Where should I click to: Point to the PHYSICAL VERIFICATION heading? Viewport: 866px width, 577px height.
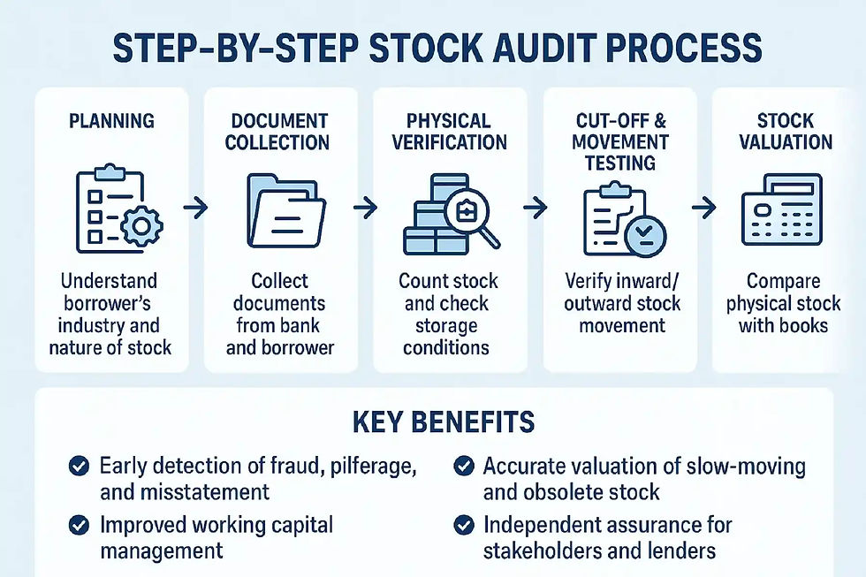[450, 131]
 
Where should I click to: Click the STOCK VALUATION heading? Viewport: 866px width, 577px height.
[786, 131]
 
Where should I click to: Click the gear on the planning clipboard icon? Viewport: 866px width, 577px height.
[139, 226]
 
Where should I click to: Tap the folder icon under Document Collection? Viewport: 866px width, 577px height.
[278, 213]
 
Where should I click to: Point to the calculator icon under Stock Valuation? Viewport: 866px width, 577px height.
[786, 210]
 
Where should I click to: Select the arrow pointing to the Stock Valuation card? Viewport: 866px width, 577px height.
[703, 209]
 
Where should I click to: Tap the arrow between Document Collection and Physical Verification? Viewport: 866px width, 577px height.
[364, 209]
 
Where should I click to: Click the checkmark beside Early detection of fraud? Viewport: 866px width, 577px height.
[77, 466]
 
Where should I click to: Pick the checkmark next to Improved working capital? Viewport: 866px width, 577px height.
[77, 525]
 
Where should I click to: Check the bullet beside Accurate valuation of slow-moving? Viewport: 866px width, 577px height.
[463, 466]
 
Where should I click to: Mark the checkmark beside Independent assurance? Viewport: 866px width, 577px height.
[463, 525]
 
